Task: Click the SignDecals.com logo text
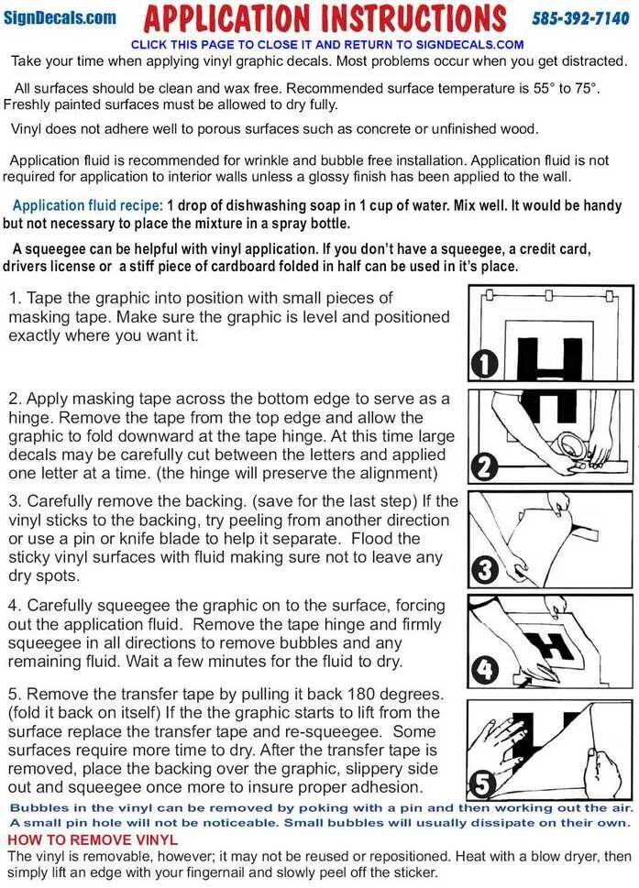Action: point(60,17)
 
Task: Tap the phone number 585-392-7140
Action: point(580,18)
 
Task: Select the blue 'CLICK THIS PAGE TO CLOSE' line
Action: point(327,44)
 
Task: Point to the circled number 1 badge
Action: point(484,365)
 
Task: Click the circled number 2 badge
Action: point(484,466)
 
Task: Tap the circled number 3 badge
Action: point(484,570)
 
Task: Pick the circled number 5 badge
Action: point(484,784)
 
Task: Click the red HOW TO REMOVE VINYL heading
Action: point(93,839)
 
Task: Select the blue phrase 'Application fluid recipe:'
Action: point(88,206)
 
